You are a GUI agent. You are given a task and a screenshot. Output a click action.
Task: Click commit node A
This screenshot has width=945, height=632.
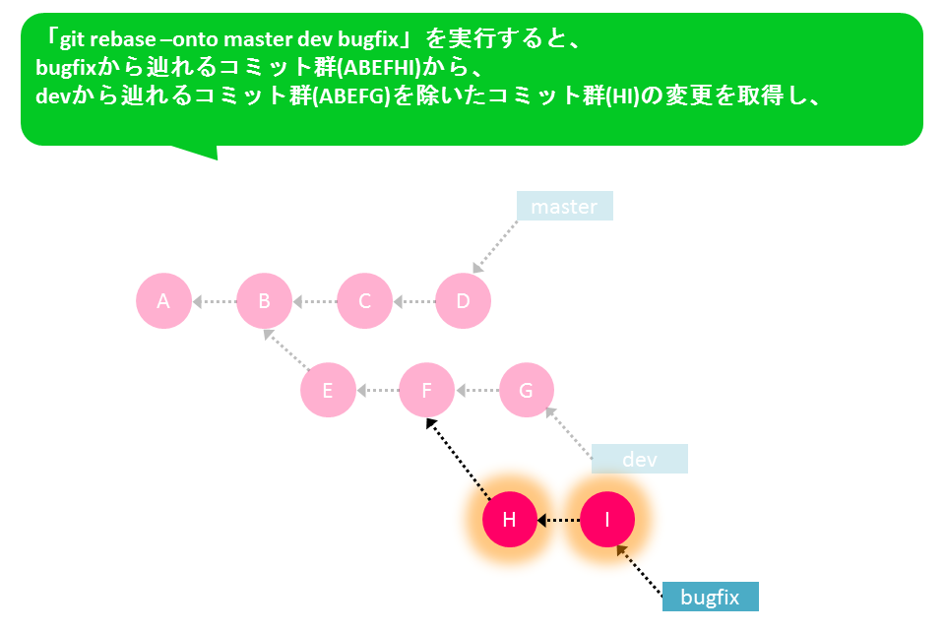(164, 300)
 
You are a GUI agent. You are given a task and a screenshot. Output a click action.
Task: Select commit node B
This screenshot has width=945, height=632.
(264, 300)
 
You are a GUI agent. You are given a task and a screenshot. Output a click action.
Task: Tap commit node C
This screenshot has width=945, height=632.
(364, 300)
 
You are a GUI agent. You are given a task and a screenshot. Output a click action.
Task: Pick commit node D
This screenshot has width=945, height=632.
(463, 300)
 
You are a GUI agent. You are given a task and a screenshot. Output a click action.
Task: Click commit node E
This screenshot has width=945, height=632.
(328, 390)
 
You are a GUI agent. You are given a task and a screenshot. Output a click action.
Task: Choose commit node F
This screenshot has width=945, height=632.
(426, 390)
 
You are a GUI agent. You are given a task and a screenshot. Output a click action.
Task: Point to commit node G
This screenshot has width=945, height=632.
(526, 390)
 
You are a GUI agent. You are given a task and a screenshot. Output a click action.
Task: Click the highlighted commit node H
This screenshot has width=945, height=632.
(509, 520)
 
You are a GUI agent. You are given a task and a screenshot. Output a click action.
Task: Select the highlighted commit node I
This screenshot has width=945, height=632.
(607, 520)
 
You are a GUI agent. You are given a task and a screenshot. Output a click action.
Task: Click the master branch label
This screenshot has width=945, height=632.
(565, 206)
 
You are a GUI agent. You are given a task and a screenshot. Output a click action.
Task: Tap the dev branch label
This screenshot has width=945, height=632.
(640, 459)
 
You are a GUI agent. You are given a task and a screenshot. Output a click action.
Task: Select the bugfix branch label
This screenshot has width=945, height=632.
(710, 597)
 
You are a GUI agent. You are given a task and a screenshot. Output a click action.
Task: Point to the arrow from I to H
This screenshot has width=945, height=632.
(559, 520)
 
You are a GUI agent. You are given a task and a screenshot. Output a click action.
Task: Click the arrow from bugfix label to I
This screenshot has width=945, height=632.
(640, 571)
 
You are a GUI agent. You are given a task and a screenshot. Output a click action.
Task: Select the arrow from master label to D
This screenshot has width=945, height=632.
(495, 247)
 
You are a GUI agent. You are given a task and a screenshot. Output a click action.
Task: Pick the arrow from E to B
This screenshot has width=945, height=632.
(286, 349)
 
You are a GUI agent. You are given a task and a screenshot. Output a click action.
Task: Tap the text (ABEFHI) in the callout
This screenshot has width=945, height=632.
(378, 68)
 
